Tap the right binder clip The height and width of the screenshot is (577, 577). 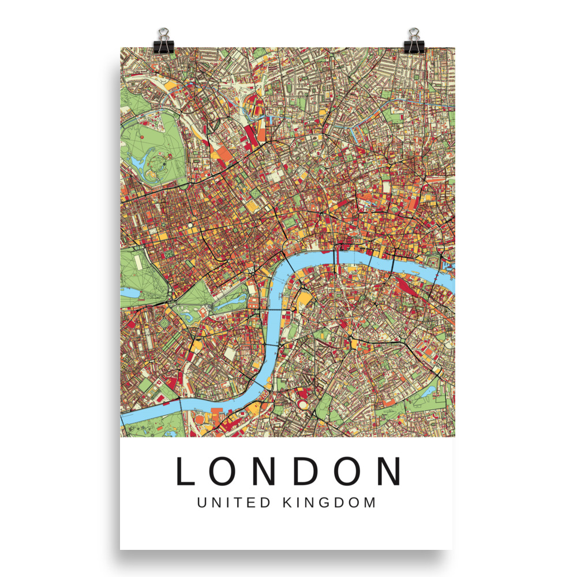coord(413,39)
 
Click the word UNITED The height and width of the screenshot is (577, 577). coord(233,503)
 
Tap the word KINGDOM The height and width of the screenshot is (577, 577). coord(329,503)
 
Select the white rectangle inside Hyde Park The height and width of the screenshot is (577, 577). coord(138,262)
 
